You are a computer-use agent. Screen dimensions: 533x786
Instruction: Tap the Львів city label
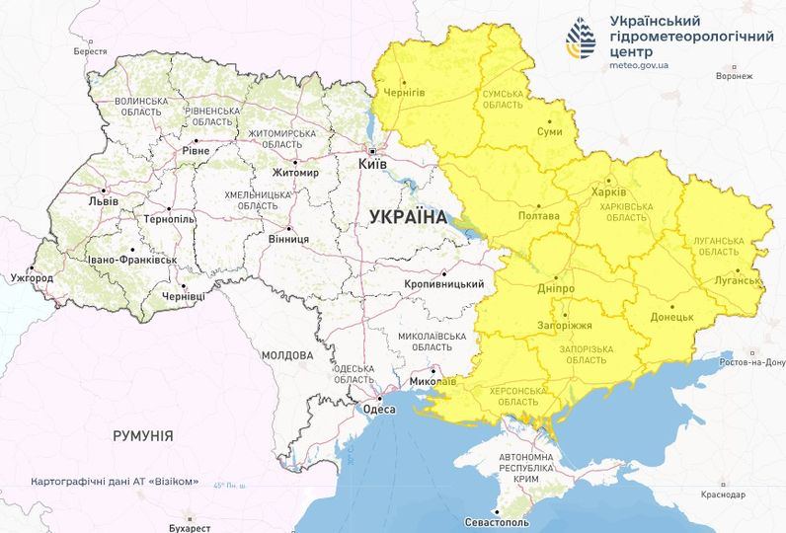point(103,201)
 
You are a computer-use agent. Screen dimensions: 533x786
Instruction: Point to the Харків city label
point(608,191)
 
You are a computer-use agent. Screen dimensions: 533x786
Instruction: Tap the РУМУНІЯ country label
point(143,435)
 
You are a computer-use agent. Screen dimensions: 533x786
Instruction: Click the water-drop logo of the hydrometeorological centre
point(581,38)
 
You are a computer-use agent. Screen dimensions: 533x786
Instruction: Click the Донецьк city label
point(672,318)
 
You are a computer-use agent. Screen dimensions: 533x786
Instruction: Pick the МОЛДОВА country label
point(287,354)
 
